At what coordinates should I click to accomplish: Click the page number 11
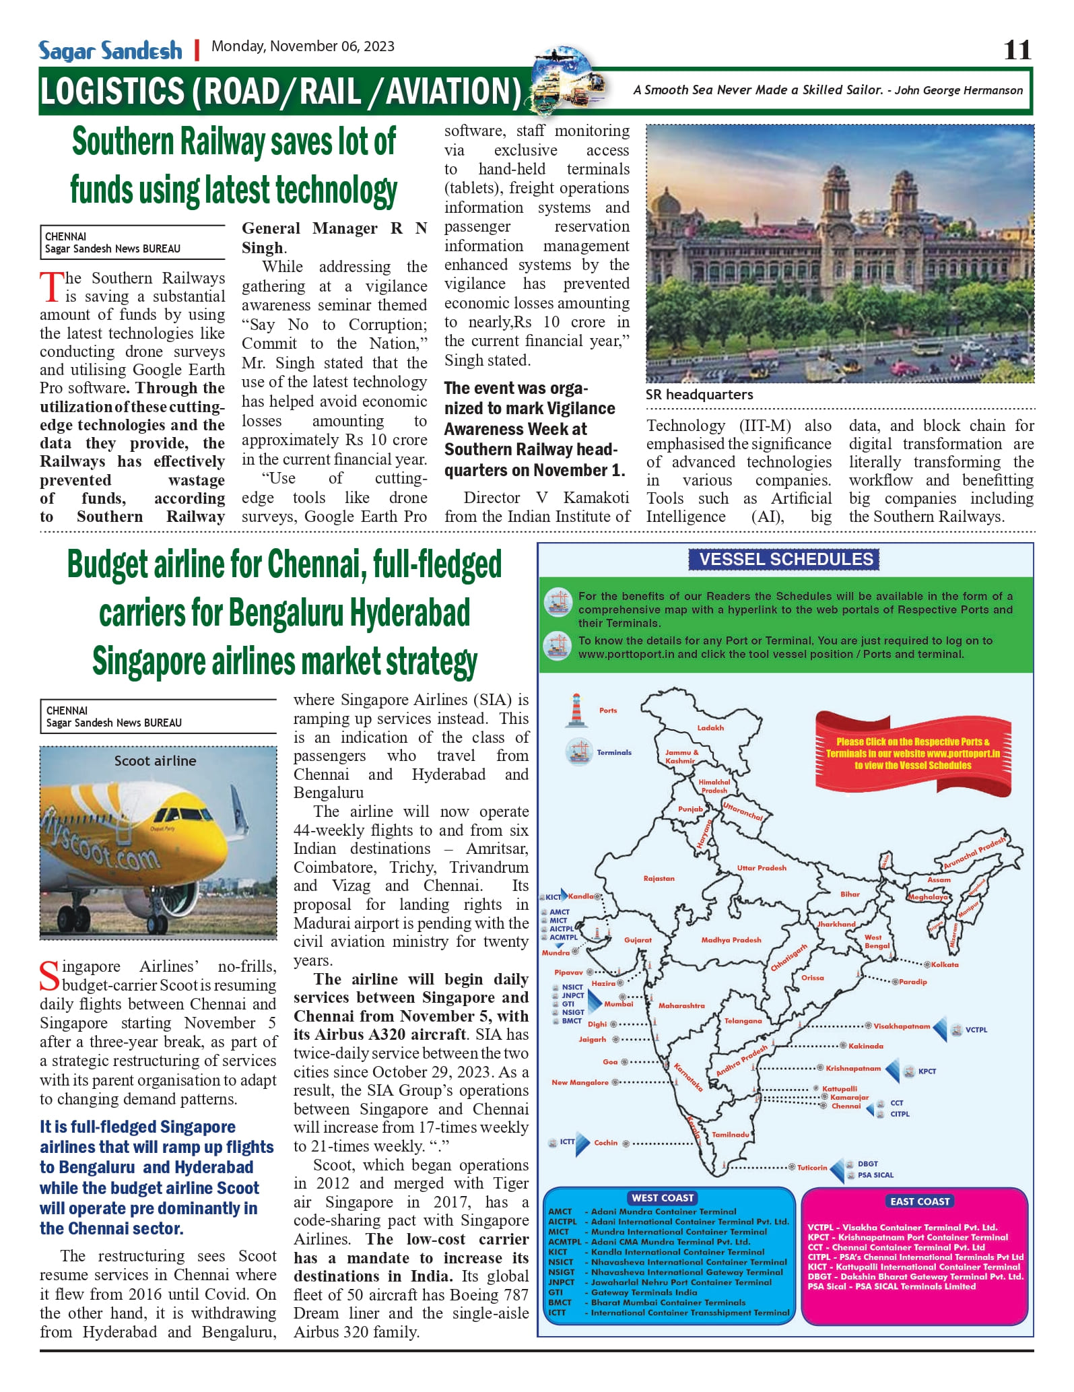(x=1017, y=51)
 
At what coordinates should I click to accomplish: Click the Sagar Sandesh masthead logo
(x=110, y=51)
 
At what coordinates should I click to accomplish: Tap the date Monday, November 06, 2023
(x=303, y=46)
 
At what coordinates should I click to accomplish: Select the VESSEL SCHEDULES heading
(x=786, y=560)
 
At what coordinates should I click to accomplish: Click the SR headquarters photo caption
(x=699, y=395)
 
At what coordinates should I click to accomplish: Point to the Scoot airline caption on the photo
(x=156, y=761)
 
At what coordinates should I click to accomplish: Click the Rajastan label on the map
(x=659, y=878)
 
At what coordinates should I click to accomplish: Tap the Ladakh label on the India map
(x=710, y=728)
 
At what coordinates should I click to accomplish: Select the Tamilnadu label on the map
(x=731, y=1135)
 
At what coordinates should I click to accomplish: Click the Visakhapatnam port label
(x=901, y=1026)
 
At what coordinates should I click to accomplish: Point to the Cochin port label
(x=605, y=1143)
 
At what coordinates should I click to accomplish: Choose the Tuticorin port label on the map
(x=812, y=1168)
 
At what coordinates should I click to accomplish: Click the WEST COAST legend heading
(x=663, y=1198)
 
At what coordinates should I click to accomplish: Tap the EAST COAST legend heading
(x=919, y=1201)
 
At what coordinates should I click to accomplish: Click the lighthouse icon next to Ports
(x=576, y=710)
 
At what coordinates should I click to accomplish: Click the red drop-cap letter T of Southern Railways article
(x=51, y=287)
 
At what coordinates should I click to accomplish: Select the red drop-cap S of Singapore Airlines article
(x=50, y=976)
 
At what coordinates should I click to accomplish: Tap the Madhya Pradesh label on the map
(x=731, y=940)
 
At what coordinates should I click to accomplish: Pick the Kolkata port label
(x=945, y=965)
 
